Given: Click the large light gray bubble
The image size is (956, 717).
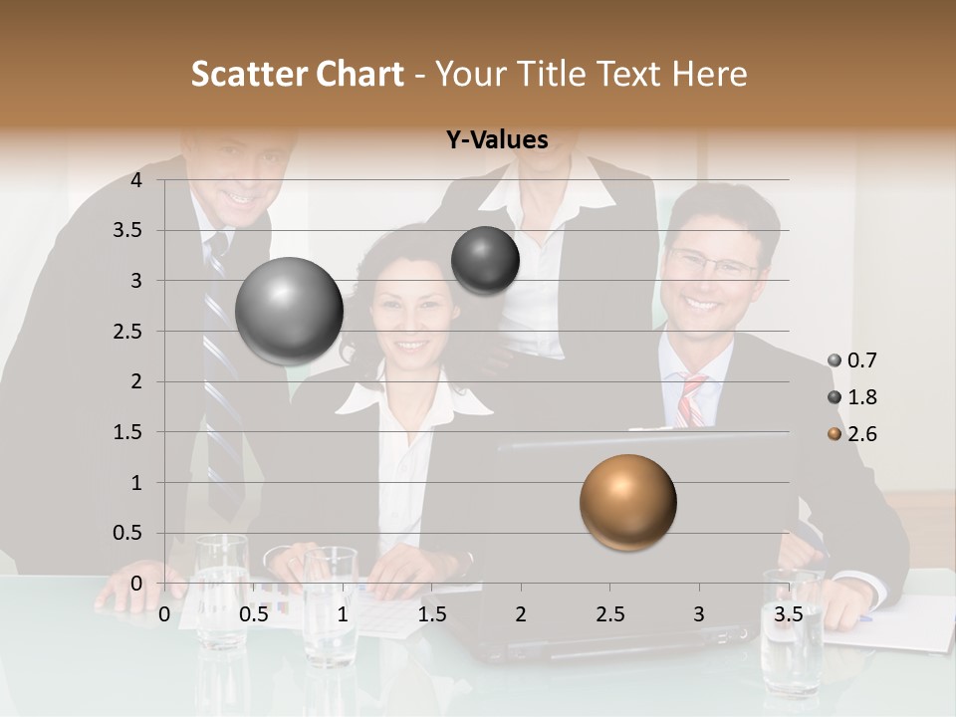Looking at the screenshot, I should pyautogui.click(x=289, y=311).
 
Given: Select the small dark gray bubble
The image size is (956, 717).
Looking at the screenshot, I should pyautogui.click(x=485, y=260).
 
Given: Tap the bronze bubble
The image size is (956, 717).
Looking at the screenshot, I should pyautogui.click(x=627, y=502).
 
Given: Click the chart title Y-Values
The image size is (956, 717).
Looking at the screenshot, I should pyautogui.click(x=497, y=140).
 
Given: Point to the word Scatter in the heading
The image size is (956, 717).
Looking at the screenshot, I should pyautogui.click(x=251, y=74).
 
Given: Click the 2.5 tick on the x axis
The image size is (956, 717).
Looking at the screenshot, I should pyautogui.click(x=609, y=614).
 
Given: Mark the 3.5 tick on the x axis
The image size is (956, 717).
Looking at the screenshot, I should pyautogui.click(x=788, y=614).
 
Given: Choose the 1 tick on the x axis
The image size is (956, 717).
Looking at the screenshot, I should pyautogui.click(x=343, y=614).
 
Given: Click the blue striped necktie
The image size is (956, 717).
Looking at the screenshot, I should pyautogui.click(x=220, y=378).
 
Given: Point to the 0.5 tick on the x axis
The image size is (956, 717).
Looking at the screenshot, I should pyautogui.click(x=254, y=614).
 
